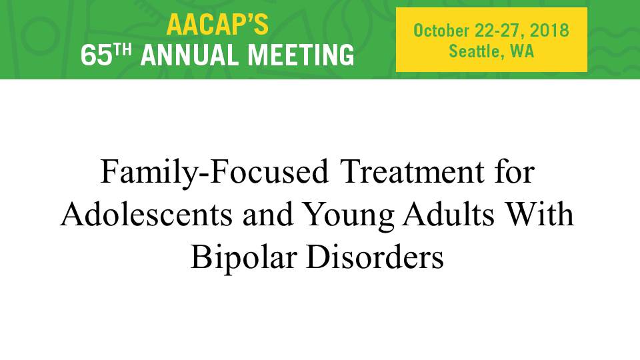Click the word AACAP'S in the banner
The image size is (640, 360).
tap(217, 25)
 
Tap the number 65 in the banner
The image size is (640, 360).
tap(96, 55)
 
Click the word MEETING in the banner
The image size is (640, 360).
tap(301, 55)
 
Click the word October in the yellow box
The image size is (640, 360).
tap(441, 31)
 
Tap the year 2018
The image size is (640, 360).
tap(549, 31)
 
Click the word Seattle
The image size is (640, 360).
tap(474, 51)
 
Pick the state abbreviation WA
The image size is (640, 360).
tap(522, 51)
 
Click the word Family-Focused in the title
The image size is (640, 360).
tap(214, 172)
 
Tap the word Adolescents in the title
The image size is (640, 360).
tap(147, 215)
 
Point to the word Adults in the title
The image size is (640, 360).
tap(449, 215)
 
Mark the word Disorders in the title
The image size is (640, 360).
tap(375, 257)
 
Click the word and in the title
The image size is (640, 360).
tap(268, 215)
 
